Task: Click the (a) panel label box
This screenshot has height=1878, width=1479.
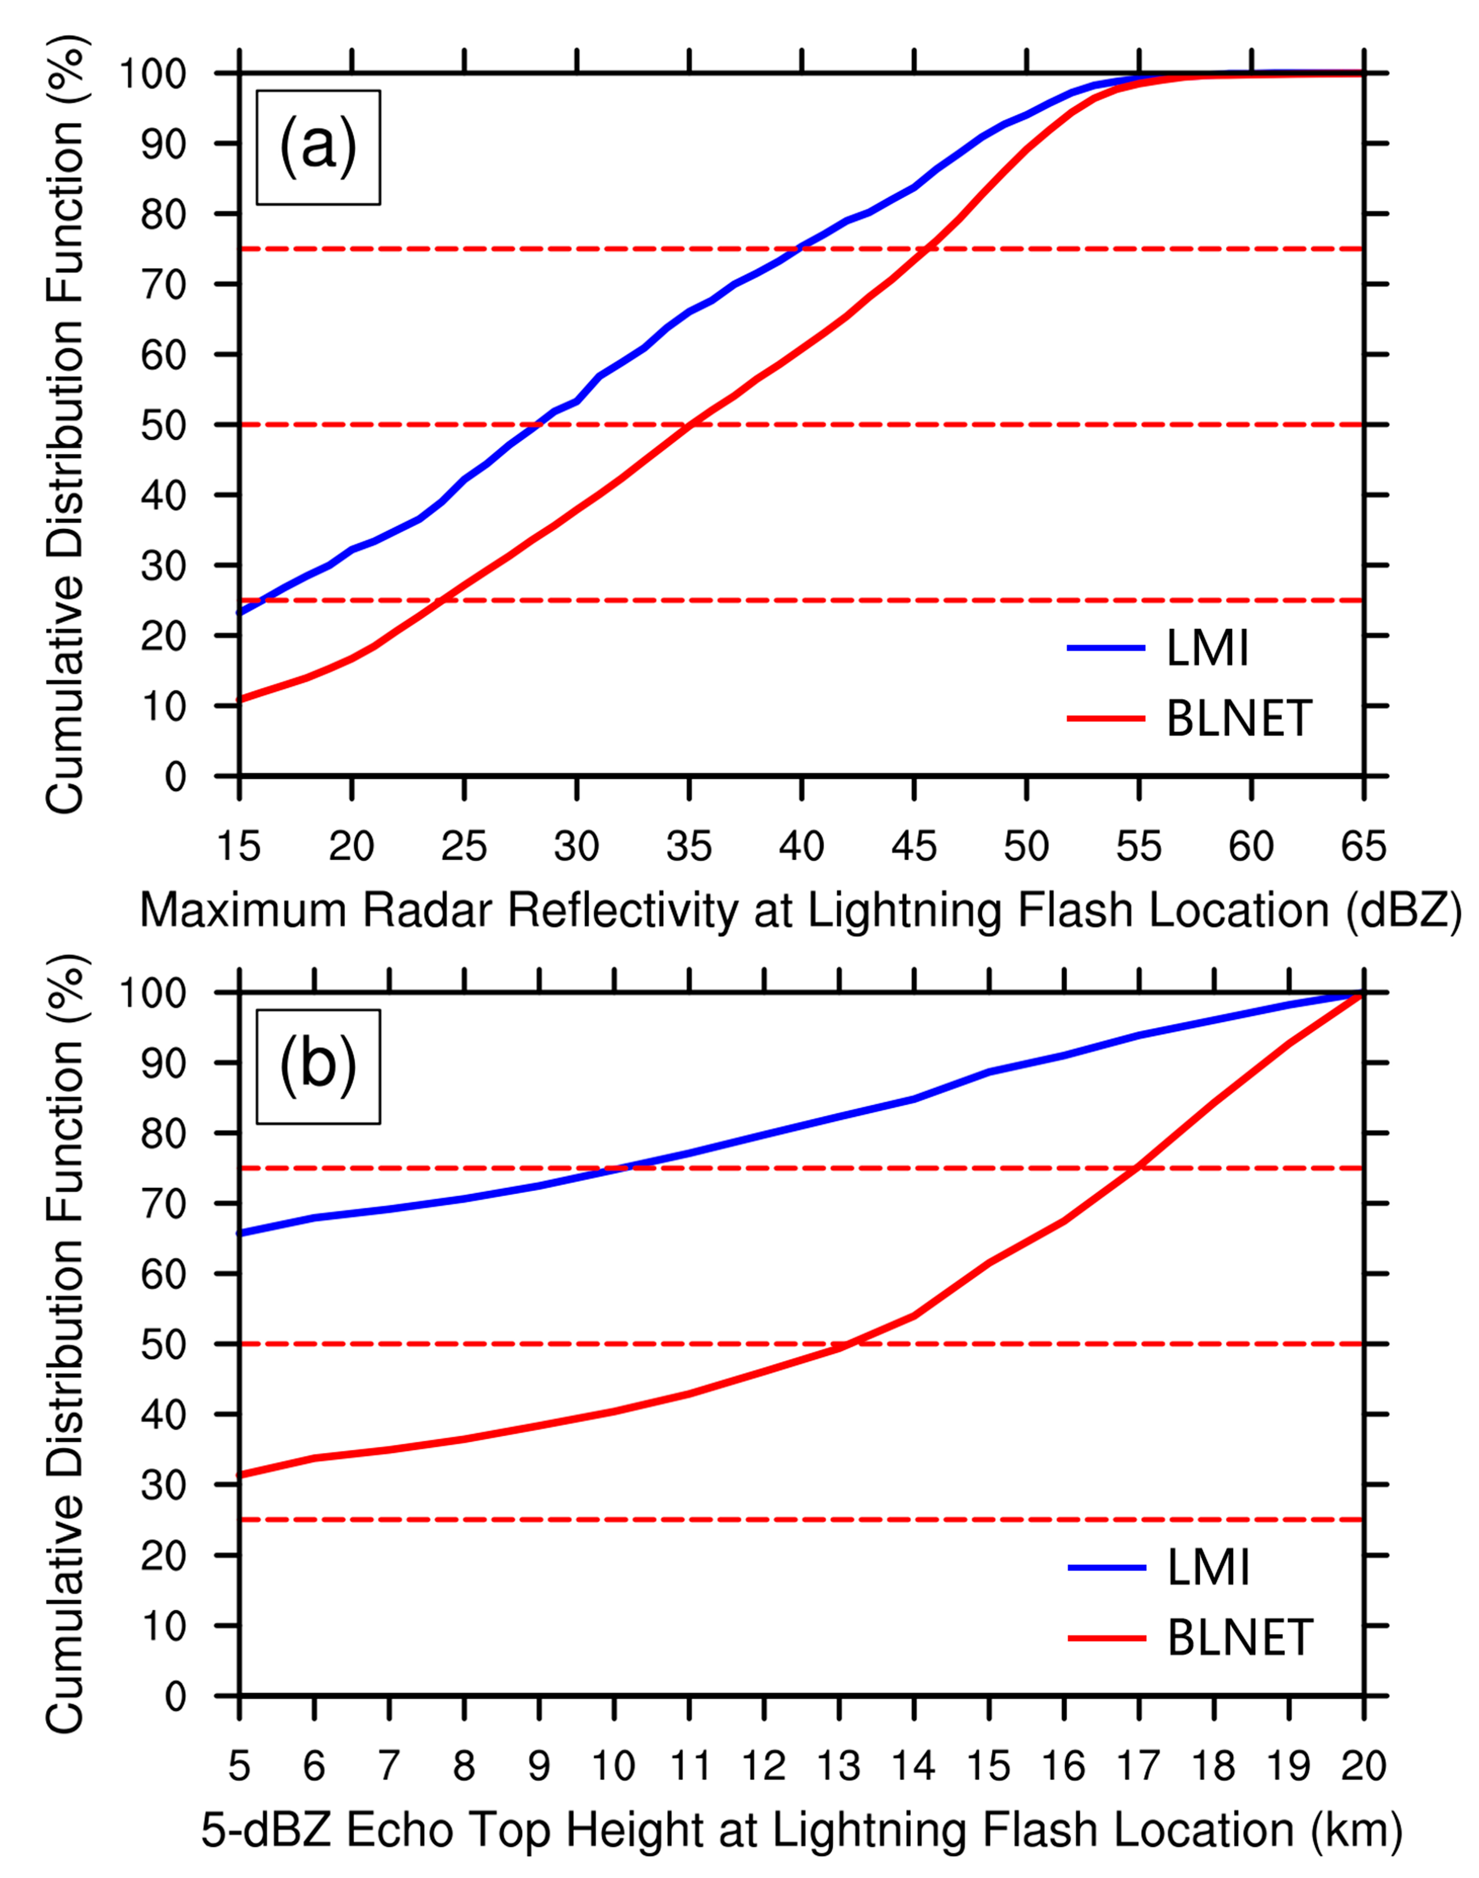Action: [318, 147]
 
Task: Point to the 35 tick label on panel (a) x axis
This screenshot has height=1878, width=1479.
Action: [689, 846]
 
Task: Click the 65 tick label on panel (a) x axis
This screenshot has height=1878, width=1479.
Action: [1363, 846]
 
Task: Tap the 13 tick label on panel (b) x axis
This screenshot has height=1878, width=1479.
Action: [839, 1766]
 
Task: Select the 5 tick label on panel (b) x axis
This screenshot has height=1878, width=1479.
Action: [240, 1766]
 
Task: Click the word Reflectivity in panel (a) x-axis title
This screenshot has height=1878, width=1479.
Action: [622, 911]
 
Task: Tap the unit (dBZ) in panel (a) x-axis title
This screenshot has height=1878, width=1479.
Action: [1403, 911]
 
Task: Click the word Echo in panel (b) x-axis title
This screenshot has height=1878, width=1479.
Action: [399, 1830]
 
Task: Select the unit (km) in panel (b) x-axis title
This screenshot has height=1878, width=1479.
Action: [1356, 1830]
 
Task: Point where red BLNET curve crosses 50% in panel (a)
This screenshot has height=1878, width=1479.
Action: [689, 425]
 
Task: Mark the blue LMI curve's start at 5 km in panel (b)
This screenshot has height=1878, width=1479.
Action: [241, 1233]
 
